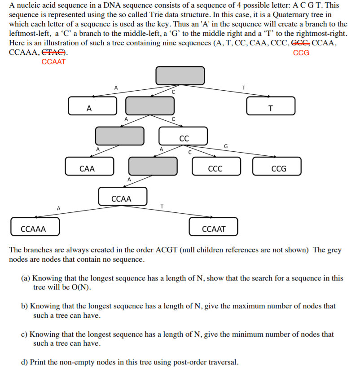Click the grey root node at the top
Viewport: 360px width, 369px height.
coord(180,75)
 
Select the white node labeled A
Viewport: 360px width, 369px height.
coord(92,105)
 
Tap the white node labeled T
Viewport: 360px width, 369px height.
coord(271,105)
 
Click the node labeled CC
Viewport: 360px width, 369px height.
coord(184,136)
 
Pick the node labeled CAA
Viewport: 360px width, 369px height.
coord(89,166)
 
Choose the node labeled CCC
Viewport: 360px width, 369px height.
coord(216,166)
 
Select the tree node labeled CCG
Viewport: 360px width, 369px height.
coord(277,166)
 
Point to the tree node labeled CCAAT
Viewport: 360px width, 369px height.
coord(214,227)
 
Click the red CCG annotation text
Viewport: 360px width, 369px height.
coord(301,53)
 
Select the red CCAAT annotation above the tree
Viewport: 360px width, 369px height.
coord(54,62)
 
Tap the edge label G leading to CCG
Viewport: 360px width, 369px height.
coord(225,146)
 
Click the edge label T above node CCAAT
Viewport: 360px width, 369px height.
coord(162,206)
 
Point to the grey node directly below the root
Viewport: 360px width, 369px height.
coord(149,105)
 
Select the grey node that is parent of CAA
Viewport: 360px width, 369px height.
coord(119,136)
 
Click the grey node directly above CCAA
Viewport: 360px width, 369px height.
coord(153,166)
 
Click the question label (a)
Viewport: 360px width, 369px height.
coord(26,278)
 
